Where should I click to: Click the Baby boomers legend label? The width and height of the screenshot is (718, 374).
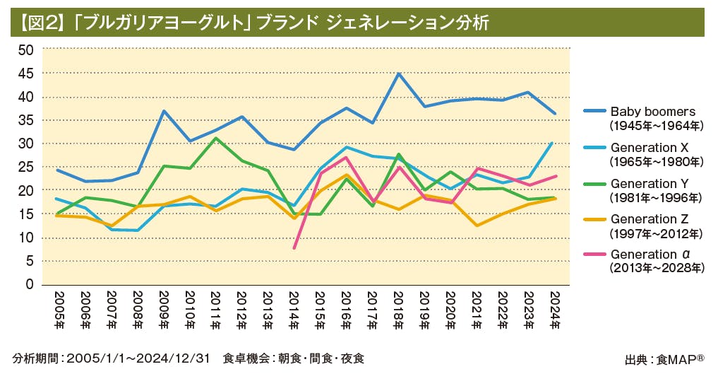tap(653, 112)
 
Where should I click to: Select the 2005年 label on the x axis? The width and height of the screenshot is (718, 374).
tap(58, 311)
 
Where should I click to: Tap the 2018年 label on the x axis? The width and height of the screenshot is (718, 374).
tap(397, 311)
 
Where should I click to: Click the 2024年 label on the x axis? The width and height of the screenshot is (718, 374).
tap(554, 311)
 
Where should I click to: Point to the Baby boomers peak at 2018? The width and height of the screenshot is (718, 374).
tap(399, 74)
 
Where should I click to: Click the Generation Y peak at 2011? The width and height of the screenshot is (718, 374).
tap(215, 138)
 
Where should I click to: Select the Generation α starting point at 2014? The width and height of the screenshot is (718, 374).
tap(294, 247)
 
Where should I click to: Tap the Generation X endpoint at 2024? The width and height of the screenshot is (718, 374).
tap(552, 143)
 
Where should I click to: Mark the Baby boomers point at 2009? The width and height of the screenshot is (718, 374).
tap(163, 111)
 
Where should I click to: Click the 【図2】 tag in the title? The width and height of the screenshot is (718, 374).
tap(39, 23)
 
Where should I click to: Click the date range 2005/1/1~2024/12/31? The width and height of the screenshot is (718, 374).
tap(138, 359)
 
